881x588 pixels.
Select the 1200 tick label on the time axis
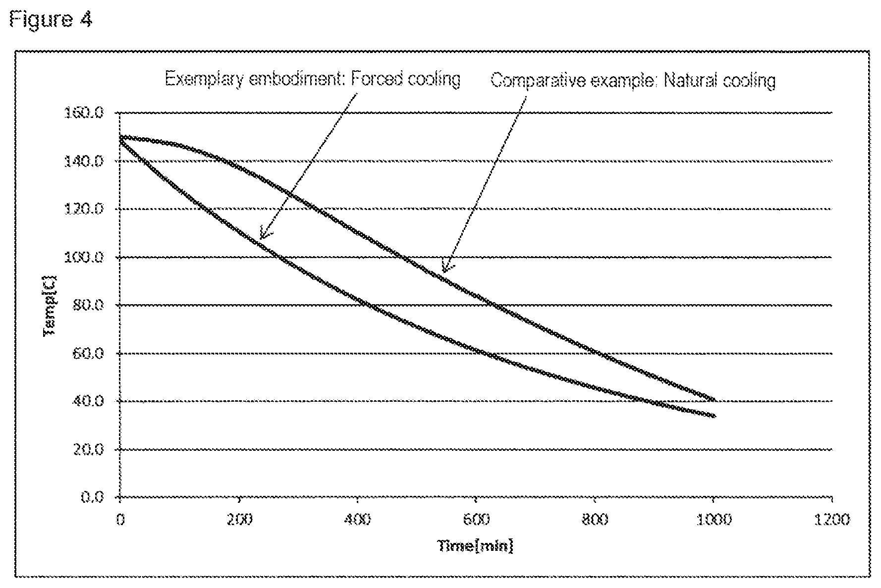[x=832, y=520]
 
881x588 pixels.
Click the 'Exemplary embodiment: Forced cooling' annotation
[x=313, y=79]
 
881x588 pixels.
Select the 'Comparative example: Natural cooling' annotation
[x=633, y=80]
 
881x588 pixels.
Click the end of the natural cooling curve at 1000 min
[x=714, y=399]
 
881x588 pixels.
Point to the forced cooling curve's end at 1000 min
[x=714, y=416]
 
